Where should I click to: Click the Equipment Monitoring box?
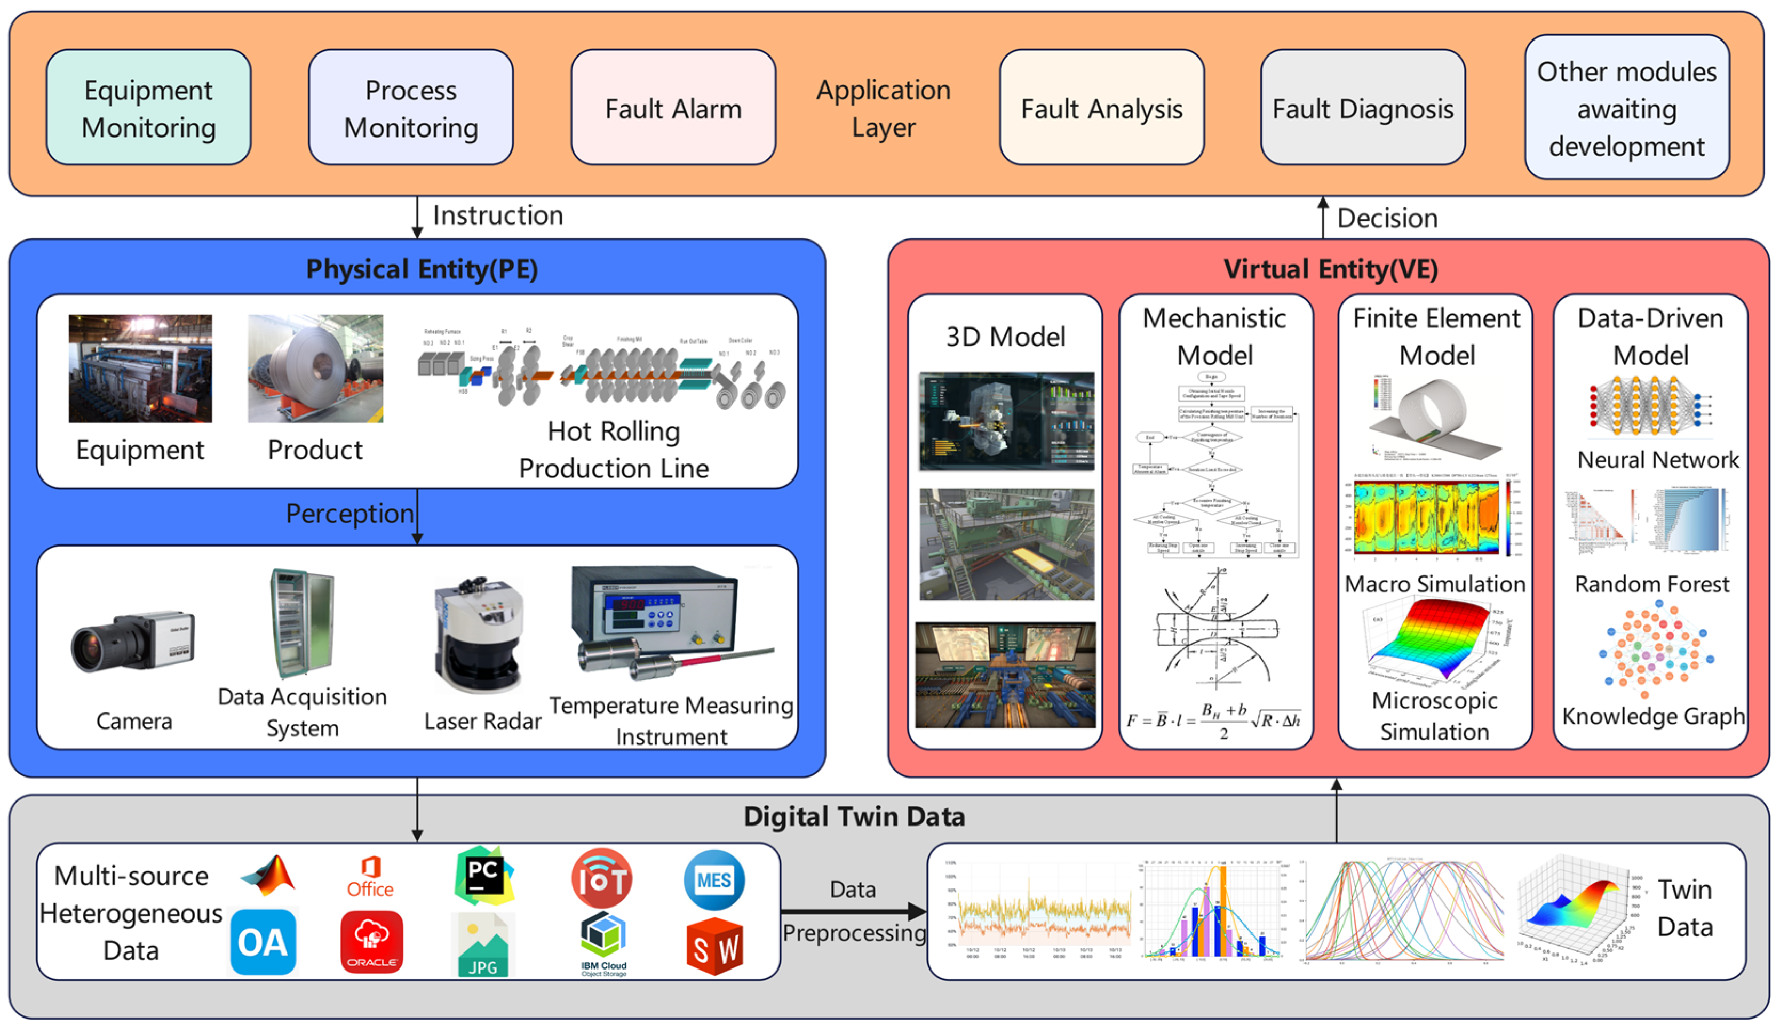click(148, 107)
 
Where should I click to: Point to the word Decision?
click(1387, 218)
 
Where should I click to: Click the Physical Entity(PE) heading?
click(422, 269)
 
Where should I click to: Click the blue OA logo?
click(263, 942)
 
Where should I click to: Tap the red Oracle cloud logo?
click(371, 941)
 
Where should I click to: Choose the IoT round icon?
click(601, 879)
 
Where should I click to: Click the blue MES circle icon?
click(713, 880)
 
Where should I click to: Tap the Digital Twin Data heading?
click(853, 816)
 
